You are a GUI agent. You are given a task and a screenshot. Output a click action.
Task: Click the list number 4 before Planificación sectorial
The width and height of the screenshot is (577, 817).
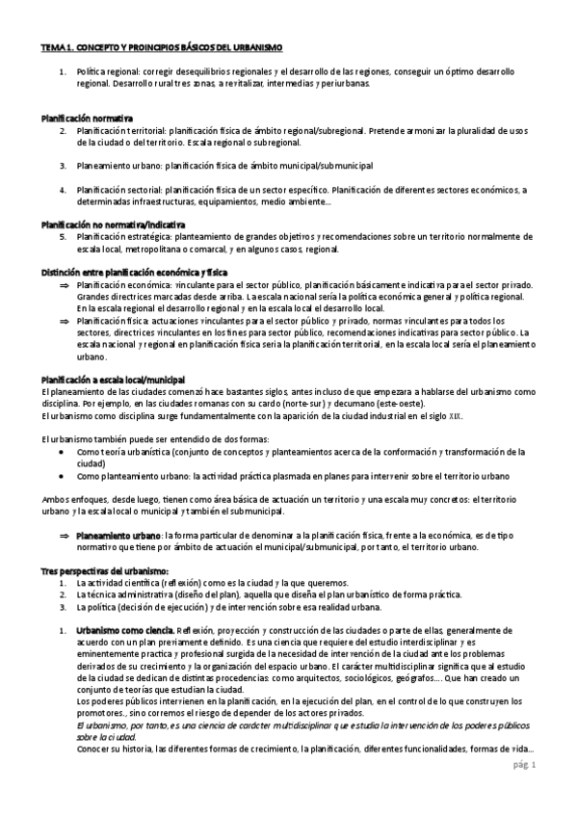(x=62, y=189)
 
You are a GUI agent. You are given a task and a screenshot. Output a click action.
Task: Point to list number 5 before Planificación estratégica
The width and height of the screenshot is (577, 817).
(x=62, y=235)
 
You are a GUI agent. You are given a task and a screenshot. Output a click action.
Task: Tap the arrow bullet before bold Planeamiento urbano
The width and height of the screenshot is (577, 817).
(x=65, y=535)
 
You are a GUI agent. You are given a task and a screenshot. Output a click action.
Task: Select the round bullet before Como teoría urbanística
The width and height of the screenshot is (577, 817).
(x=62, y=451)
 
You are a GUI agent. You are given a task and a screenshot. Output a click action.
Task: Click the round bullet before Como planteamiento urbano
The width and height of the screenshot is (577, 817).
(x=62, y=475)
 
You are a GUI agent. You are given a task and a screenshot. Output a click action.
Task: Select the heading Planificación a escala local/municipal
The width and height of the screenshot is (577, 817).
(x=113, y=380)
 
